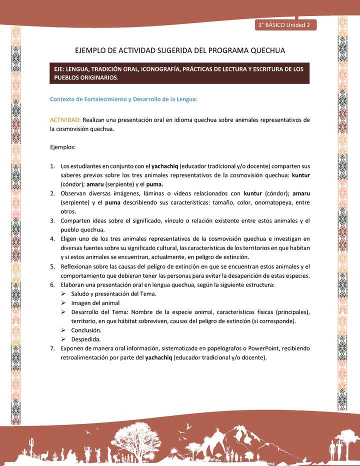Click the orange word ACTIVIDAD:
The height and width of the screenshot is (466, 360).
coord(65,120)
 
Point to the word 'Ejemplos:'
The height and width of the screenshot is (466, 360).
coord(62,147)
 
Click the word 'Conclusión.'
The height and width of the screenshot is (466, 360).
coord(86,330)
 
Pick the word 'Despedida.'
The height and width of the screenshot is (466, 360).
coord(86,339)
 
